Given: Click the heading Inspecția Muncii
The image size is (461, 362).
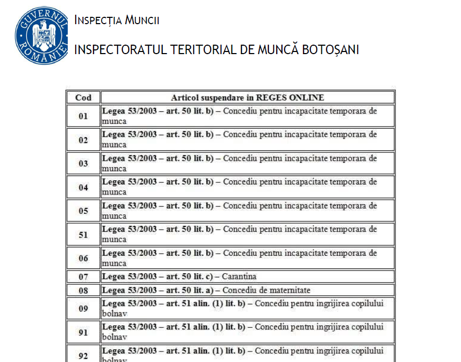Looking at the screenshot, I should click(117, 20).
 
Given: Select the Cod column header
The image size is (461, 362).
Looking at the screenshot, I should click(83, 97).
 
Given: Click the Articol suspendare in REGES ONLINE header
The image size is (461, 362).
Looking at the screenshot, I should click(247, 97).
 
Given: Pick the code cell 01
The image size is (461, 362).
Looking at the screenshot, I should click(83, 116).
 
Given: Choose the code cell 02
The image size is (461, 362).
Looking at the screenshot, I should click(83, 140).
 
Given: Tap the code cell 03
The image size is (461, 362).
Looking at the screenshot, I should click(83, 163).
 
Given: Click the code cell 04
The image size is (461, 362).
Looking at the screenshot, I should click(83, 187).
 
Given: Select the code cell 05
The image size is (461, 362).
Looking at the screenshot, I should click(83, 211).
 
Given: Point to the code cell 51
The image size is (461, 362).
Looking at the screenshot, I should click(83, 234).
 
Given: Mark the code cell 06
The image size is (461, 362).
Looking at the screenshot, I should click(83, 258).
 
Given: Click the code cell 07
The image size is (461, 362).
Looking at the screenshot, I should click(83, 276).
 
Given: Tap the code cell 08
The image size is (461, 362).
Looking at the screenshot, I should click(83, 290).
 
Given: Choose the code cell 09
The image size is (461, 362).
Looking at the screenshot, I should click(83, 308).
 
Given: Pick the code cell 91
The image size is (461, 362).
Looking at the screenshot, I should click(83, 332).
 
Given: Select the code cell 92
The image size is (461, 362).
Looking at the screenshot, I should click(83, 355).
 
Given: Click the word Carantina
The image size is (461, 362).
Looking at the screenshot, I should click(239, 276).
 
